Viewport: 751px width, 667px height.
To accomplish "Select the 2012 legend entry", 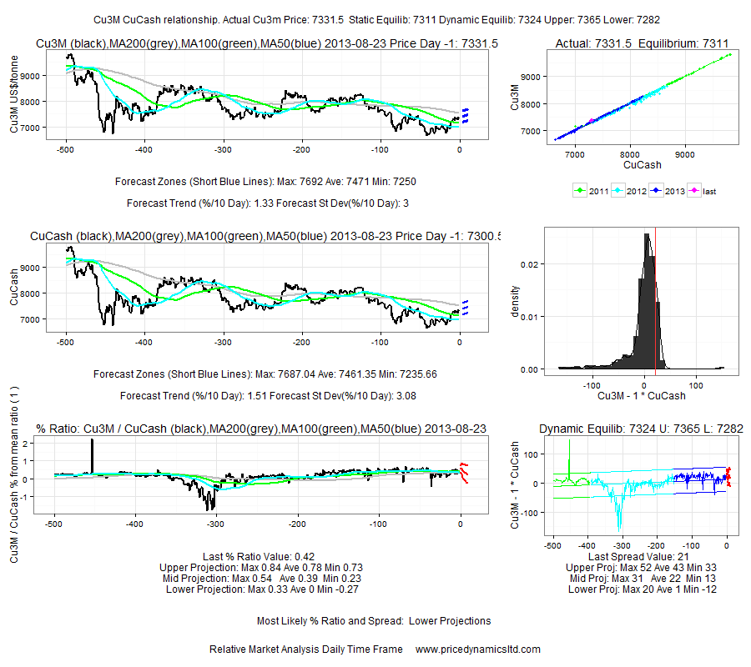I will pyautogui.click(x=631, y=192).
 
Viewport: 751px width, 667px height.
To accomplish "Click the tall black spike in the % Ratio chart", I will pyautogui.click(x=93, y=454).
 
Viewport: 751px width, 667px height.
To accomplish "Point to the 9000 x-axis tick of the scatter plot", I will pyautogui.click(x=685, y=154).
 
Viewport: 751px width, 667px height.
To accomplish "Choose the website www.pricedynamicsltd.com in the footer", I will pyautogui.click(x=477, y=649).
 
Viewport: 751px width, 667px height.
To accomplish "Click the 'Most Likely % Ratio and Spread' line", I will pyautogui.click(x=373, y=620).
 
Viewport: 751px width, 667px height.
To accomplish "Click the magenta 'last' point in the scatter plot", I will pyautogui.click(x=592, y=121).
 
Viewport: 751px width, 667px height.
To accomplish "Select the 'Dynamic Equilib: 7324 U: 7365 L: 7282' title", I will pyautogui.click(x=642, y=429).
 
